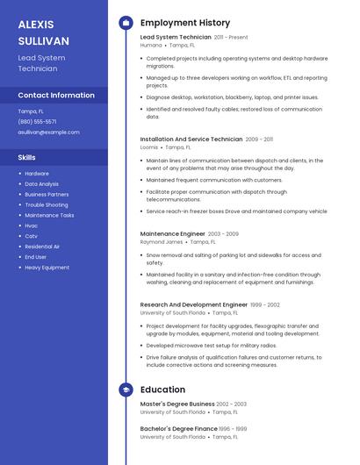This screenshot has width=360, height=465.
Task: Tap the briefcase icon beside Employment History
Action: [x=126, y=23]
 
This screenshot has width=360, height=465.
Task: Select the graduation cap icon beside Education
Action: [x=126, y=390]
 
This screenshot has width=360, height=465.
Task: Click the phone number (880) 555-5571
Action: [x=37, y=122]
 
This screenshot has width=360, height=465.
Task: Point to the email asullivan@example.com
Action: [x=48, y=132]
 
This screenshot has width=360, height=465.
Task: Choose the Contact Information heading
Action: [x=56, y=95]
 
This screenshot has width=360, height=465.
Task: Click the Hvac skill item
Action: [x=32, y=225]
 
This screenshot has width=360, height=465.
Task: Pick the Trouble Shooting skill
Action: [x=46, y=204]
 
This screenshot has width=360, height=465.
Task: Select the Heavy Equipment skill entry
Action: [x=47, y=268]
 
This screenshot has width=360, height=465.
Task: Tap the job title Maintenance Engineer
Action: [x=172, y=234]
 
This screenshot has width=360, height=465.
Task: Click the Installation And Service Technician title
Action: [x=191, y=139]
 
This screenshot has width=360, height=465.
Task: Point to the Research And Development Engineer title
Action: [x=193, y=304]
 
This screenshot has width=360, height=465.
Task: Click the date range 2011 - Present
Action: [x=231, y=38]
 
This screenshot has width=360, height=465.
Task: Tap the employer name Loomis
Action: [x=149, y=147]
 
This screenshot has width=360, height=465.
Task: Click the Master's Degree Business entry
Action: [x=176, y=404]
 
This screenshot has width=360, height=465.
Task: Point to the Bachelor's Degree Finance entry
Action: [x=178, y=429]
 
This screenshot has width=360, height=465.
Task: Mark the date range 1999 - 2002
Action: [x=265, y=304]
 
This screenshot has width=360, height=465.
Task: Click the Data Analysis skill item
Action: [x=41, y=184]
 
